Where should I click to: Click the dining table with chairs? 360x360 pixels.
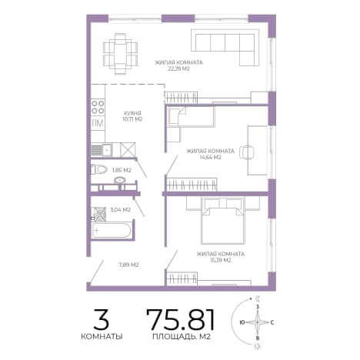coord(120,54)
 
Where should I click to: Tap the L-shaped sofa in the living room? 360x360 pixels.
coord(225,47)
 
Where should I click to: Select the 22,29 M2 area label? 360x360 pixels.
coord(178,68)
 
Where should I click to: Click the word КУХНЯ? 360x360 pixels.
coord(132,113)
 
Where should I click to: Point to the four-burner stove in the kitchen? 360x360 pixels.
coord(98,107)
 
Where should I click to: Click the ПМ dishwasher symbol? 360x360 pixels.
coord(98,123)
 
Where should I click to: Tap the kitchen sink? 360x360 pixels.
coord(102,149)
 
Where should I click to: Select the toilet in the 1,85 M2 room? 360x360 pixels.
coord(99,169)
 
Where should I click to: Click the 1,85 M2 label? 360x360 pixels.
coord(122,170)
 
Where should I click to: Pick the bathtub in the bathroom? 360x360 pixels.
coord(112,230)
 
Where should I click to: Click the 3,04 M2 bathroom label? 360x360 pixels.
coord(120,210)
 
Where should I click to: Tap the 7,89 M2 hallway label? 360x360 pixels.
coord(128,265)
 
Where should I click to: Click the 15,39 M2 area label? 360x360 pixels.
coord(220,260)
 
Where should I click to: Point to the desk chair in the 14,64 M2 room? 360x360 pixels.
coord(247,152)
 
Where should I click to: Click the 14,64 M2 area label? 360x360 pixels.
coord(211,157)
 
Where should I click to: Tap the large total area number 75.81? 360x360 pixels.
coord(180,319)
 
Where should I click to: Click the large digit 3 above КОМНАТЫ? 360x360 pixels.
coord(102,319)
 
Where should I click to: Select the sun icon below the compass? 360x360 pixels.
coord(257,346)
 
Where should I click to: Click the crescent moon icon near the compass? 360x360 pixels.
coord(258,298)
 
